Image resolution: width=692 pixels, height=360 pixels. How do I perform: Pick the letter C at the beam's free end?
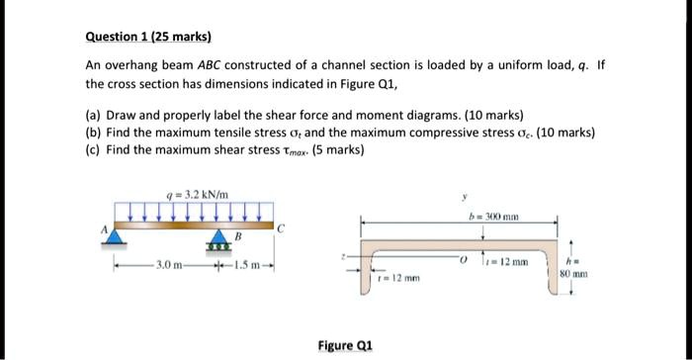coord(282,228)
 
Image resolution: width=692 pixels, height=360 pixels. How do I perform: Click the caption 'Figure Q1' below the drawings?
coord(345,345)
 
